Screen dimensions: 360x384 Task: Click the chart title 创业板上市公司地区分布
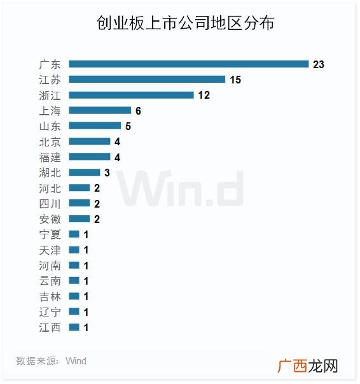[185, 23]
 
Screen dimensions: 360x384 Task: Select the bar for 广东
[189, 64]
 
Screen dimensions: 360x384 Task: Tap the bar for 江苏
[147, 80]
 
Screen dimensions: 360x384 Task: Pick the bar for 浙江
[131, 95]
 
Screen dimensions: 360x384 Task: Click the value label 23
[319, 64]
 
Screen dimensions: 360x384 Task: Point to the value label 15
[235, 80]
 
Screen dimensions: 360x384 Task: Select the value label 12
[204, 96]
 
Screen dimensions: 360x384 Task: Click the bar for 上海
[100, 110]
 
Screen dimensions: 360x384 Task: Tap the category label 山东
[50, 126]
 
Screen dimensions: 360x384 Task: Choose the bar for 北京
[90, 141]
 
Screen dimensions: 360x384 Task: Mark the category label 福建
[50, 157]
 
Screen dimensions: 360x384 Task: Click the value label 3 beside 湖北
[107, 173]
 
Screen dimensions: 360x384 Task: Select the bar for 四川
[80, 203]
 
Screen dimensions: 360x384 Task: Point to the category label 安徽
[50, 219]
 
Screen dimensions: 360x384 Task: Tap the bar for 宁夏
[74, 234]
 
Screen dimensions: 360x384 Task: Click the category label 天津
[50, 250]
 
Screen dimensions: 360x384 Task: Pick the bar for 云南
[74, 281]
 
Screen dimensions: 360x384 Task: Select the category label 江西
[50, 328]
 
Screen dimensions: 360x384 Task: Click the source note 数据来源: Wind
[51, 361]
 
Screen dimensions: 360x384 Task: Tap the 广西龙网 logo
[308, 366]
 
